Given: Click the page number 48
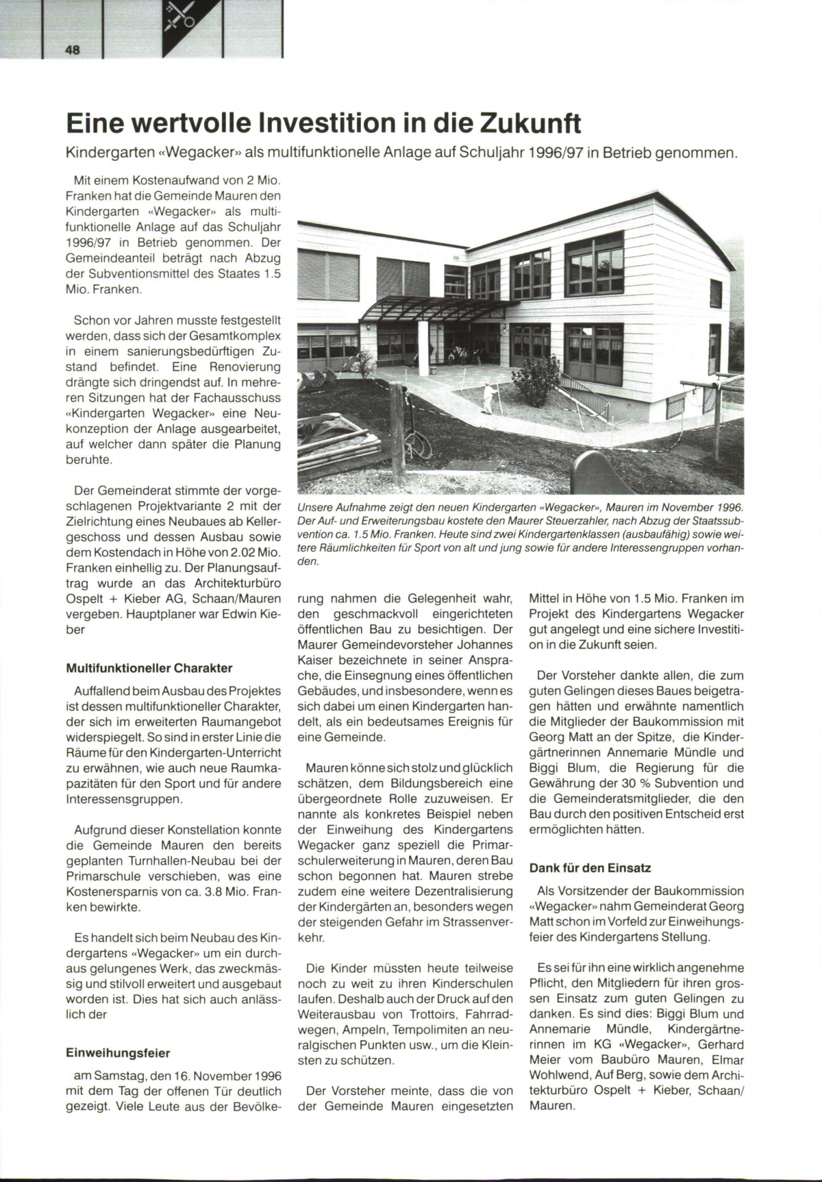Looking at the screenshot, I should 73,49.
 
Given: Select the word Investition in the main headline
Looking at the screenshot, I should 329,123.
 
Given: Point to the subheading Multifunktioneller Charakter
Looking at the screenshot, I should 149,668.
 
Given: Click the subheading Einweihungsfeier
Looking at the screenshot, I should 118,1052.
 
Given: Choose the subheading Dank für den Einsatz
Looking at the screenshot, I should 590,867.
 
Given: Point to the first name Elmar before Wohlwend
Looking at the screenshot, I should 727,1060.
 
